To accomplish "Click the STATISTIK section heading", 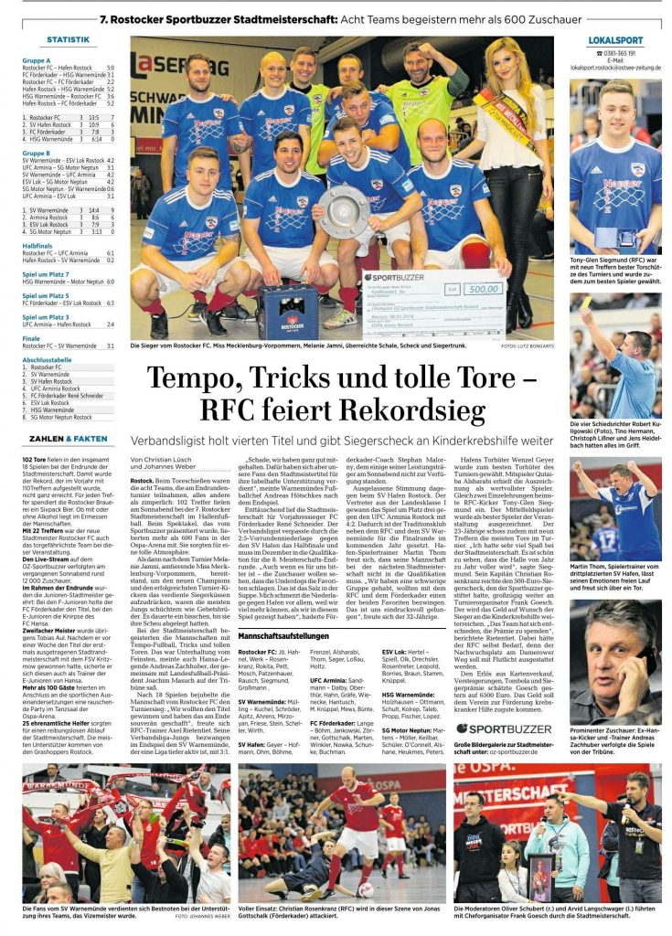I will tap(68, 40).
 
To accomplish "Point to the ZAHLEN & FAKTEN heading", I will tap(68, 439).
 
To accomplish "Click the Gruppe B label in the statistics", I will tap(37, 154).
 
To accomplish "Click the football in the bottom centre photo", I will tap(365, 888).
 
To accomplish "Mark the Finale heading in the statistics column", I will tap(31, 338).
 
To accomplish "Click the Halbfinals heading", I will tap(37, 246).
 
